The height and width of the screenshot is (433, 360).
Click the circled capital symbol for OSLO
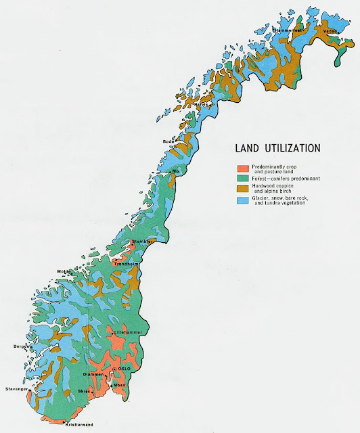coord(114,368)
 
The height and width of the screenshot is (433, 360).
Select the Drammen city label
coord(93,374)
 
